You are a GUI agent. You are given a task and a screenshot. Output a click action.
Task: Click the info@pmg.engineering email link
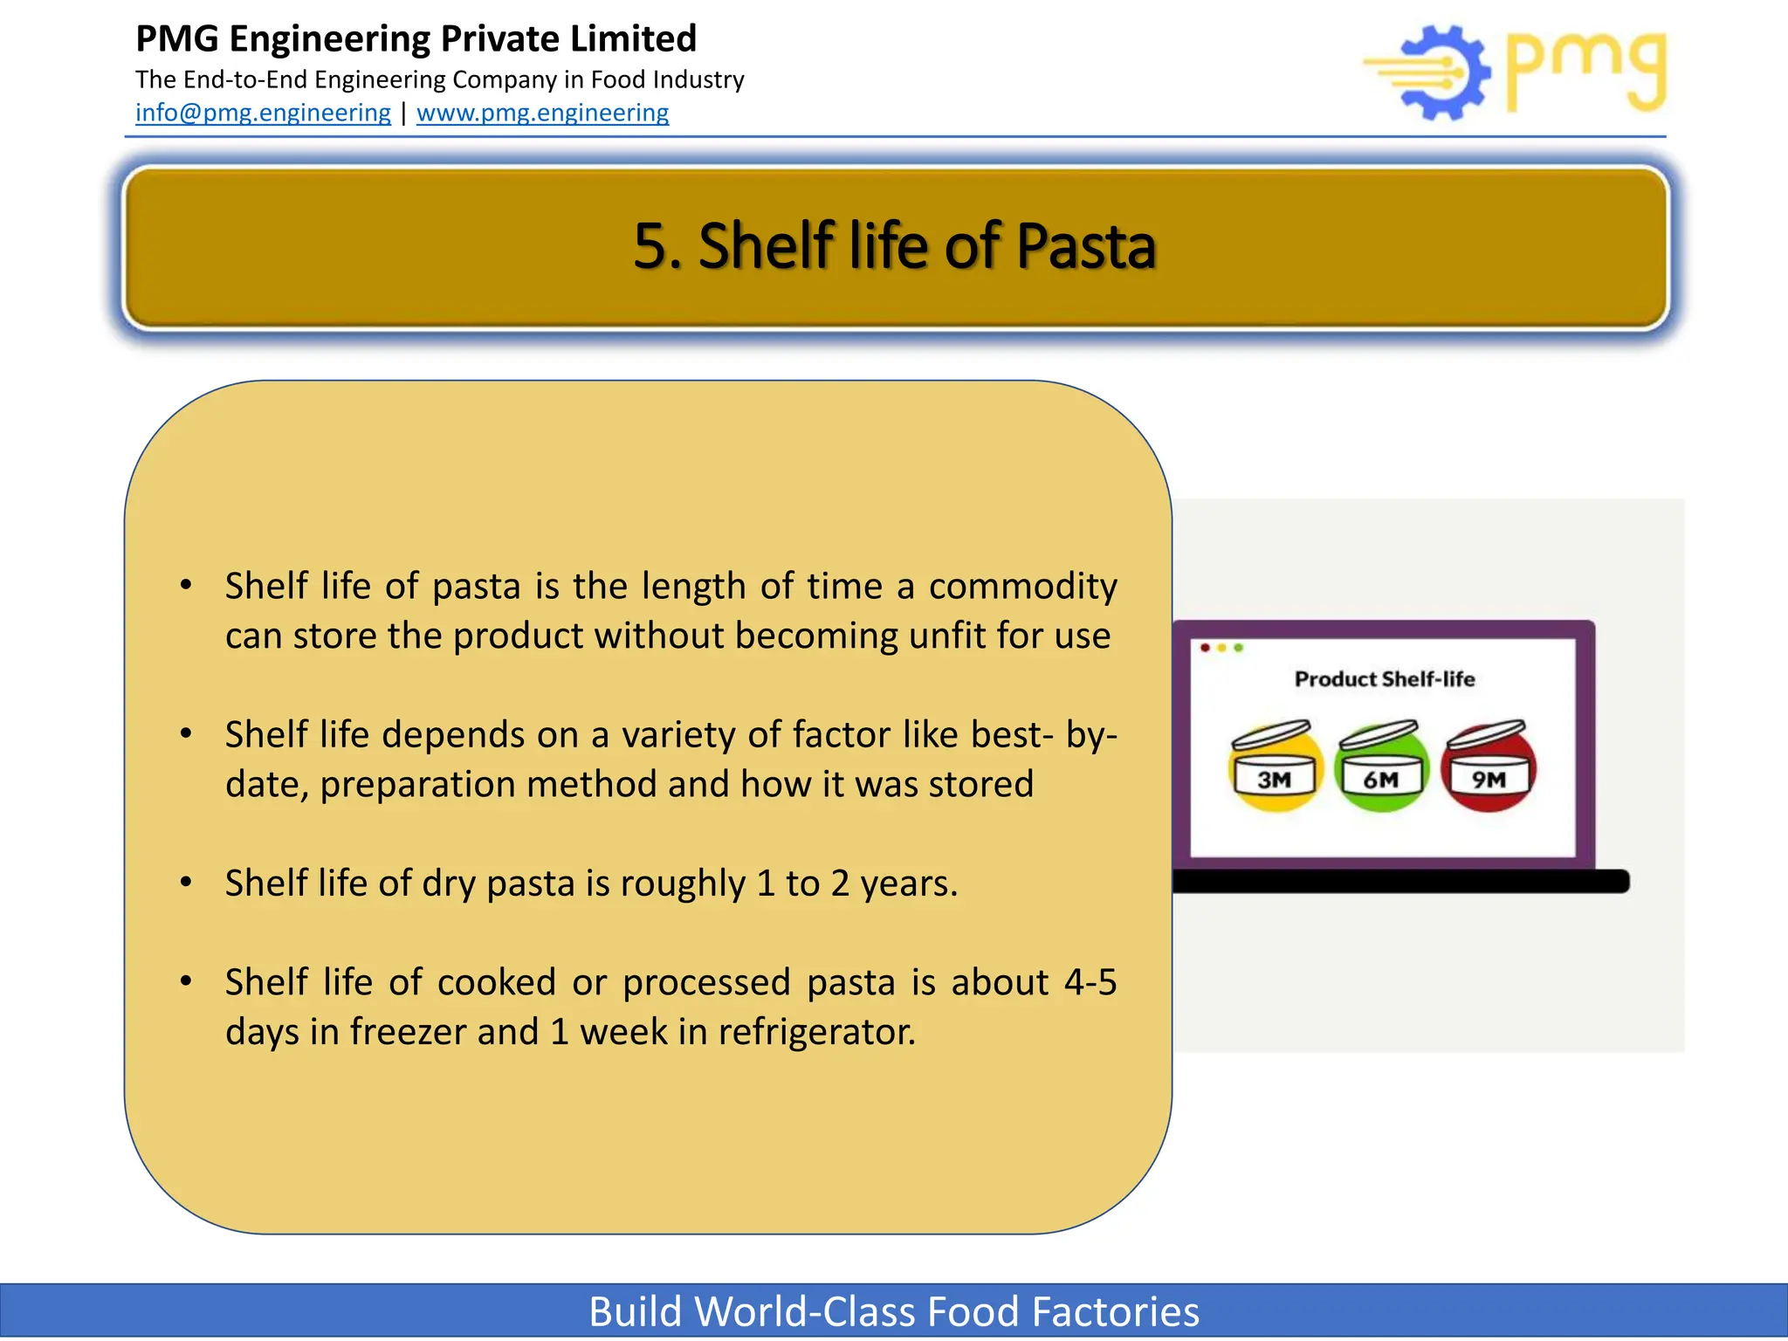coord(263,113)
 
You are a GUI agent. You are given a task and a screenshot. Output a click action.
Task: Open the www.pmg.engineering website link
coord(542,113)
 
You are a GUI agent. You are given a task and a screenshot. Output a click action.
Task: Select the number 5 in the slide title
coord(650,246)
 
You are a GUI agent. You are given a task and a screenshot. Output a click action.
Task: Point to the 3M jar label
coord(1274,779)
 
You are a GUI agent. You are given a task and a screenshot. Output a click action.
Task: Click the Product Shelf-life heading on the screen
coord(1384,679)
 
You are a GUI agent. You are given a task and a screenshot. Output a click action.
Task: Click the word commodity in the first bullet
coord(1022,587)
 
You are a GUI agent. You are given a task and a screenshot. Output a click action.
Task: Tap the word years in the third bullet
coord(908,884)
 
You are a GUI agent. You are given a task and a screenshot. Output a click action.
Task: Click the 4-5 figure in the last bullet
coord(1090,983)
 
